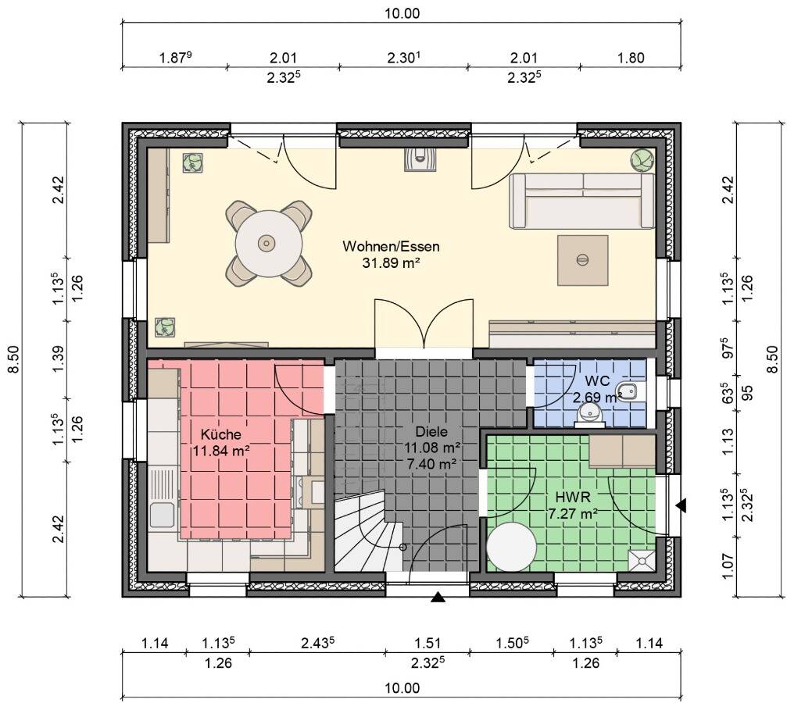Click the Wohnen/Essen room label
point(391,246)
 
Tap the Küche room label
point(221,434)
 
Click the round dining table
point(269,244)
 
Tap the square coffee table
point(583,260)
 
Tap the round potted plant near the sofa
point(642,160)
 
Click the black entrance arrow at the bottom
point(438,597)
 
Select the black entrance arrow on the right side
point(681,505)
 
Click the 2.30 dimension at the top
point(403,58)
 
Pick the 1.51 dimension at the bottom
point(427,643)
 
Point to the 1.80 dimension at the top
point(631,58)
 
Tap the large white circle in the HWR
point(511,547)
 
